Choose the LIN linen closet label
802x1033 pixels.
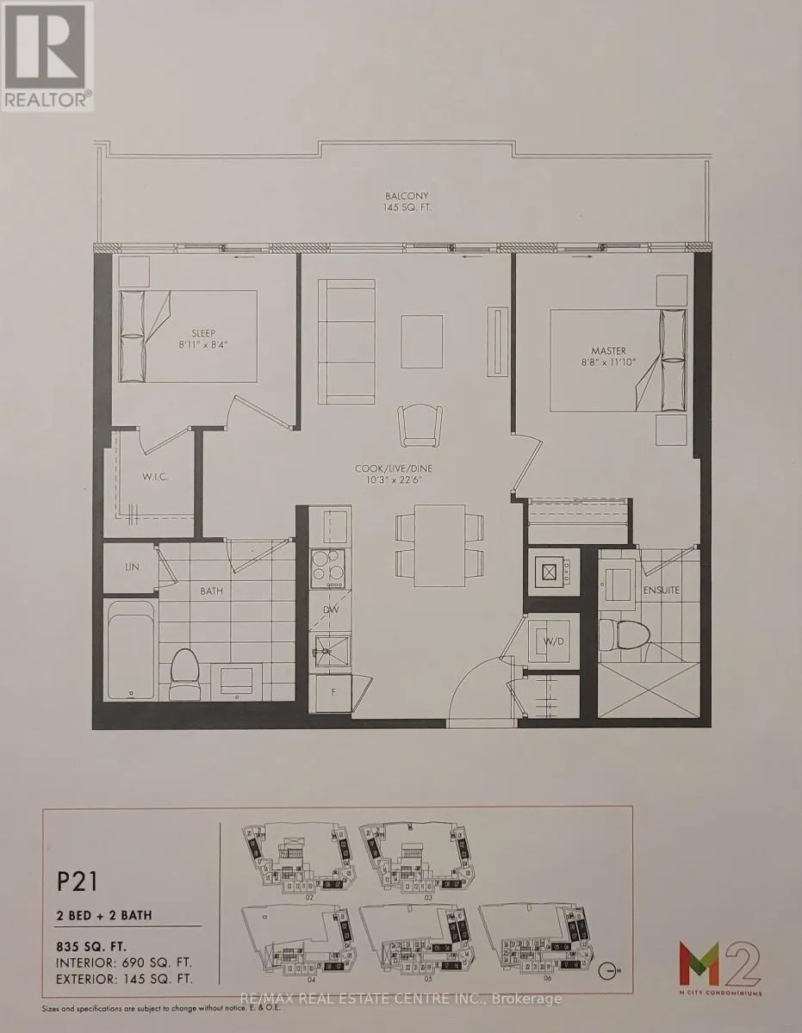[130, 568]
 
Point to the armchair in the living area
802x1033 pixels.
[419, 424]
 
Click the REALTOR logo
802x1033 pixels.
[47, 56]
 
